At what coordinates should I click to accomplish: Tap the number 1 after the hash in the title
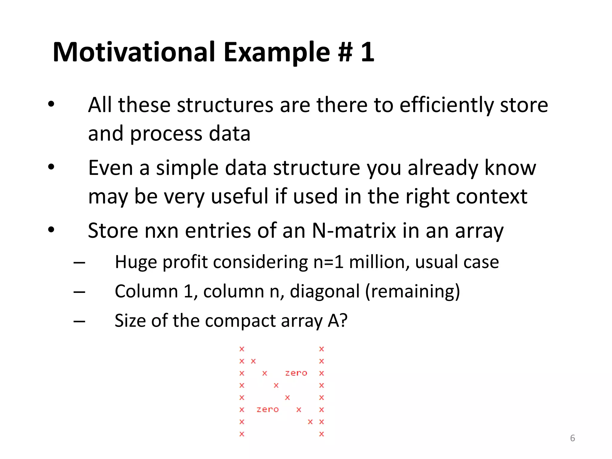click(x=367, y=52)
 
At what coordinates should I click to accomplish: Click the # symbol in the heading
click(x=345, y=53)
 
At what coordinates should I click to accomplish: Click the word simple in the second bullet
click(x=187, y=168)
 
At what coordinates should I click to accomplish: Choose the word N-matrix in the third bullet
click(x=354, y=231)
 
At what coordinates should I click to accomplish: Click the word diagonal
click(x=325, y=291)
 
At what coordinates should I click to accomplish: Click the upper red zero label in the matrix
click(x=296, y=373)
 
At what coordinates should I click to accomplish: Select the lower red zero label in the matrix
click(x=267, y=410)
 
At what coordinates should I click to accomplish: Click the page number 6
click(x=573, y=438)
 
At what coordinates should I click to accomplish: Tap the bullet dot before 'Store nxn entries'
click(x=51, y=230)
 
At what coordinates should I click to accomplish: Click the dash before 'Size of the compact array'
click(x=79, y=322)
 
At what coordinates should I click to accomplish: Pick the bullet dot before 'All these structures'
click(x=51, y=104)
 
